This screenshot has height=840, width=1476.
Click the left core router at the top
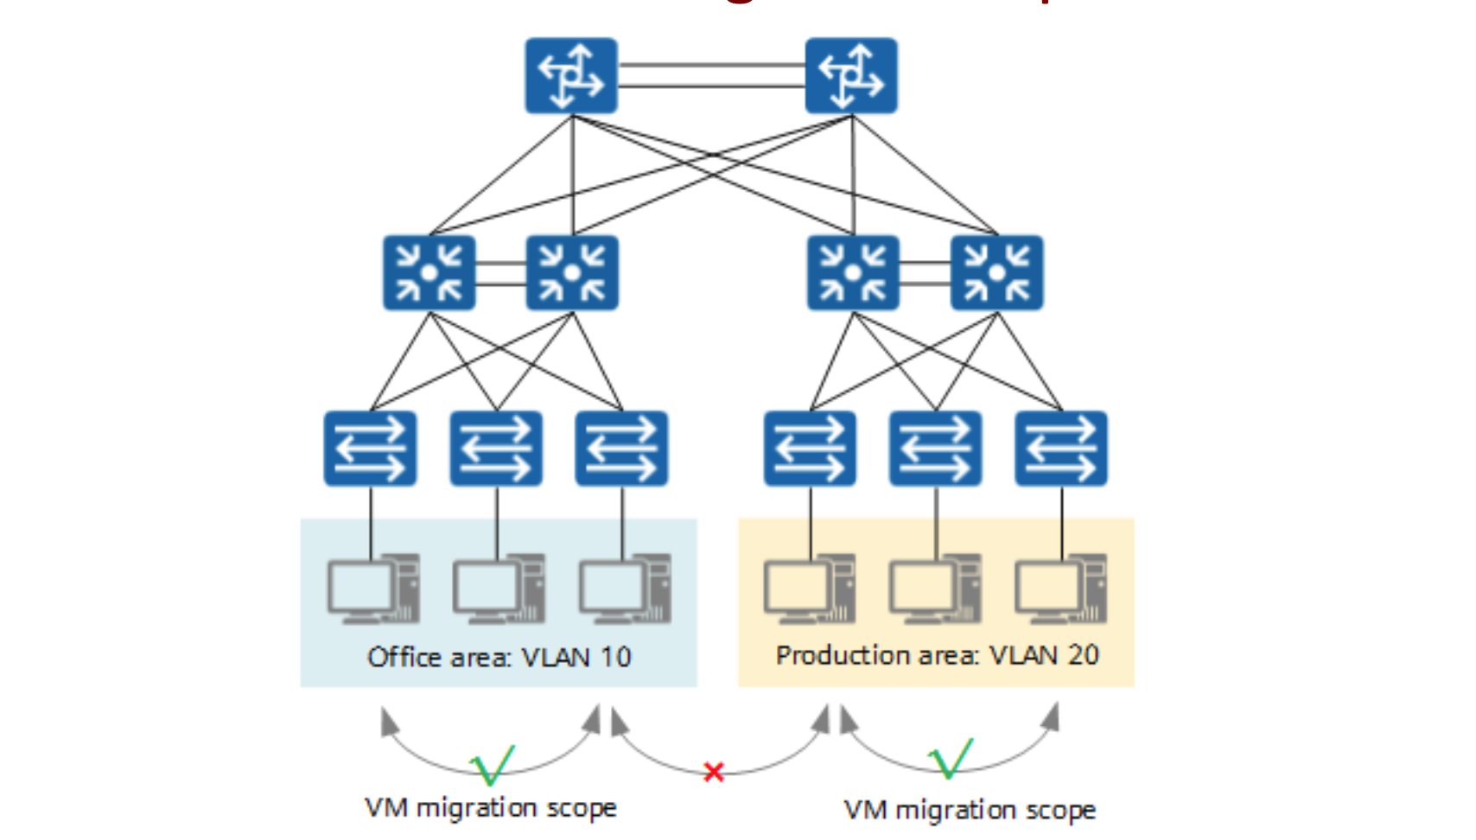571,76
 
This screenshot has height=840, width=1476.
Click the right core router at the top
851,76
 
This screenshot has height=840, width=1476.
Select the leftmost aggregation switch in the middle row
429,273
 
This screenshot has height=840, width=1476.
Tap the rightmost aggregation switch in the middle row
996,273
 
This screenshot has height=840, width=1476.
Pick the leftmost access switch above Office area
371,449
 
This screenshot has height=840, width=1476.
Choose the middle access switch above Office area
496,449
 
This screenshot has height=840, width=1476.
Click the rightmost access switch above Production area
1061,449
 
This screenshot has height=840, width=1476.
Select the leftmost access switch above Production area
810,449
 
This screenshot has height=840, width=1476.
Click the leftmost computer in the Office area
373,589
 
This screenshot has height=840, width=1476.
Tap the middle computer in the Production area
935,589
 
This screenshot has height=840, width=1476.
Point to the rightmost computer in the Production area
1060,589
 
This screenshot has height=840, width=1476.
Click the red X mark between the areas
714,772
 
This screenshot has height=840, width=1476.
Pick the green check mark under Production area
951,759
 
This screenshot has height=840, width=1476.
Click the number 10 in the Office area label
615,658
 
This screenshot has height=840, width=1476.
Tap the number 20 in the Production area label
1083,655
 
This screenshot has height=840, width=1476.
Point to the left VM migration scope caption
491,808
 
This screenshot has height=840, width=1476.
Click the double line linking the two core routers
711,75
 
